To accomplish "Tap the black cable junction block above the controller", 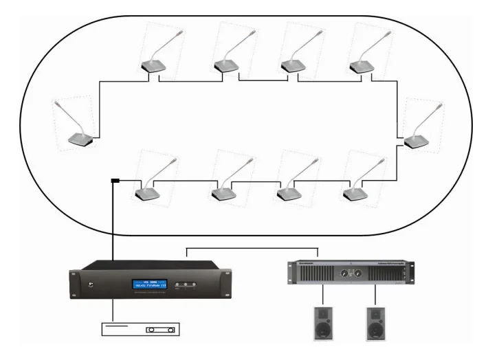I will click(115, 181).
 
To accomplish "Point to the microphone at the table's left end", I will click(79, 141).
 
